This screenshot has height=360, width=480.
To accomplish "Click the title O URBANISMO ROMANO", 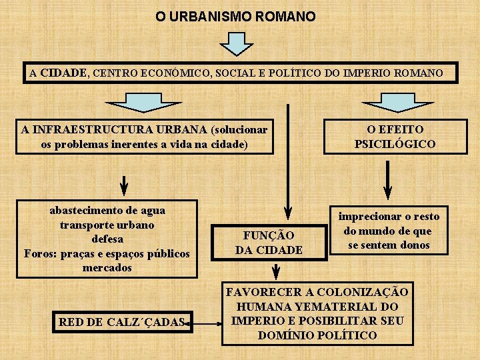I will pyautogui.click(x=235, y=16).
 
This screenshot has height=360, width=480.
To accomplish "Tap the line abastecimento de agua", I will pyautogui.click(x=107, y=211).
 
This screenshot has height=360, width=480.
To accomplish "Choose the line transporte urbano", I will pyautogui.click(x=107, y=225).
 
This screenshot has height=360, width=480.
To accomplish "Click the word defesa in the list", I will pyautogui.click(x=107, y=239).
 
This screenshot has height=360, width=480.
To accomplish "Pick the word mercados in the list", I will pyautogui.click(x=107, y=267).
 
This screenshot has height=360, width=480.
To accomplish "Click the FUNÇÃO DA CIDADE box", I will pyautogui.click(x=269, y=243).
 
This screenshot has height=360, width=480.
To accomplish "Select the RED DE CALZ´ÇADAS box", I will pyautogui.click(x=121, y=322).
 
